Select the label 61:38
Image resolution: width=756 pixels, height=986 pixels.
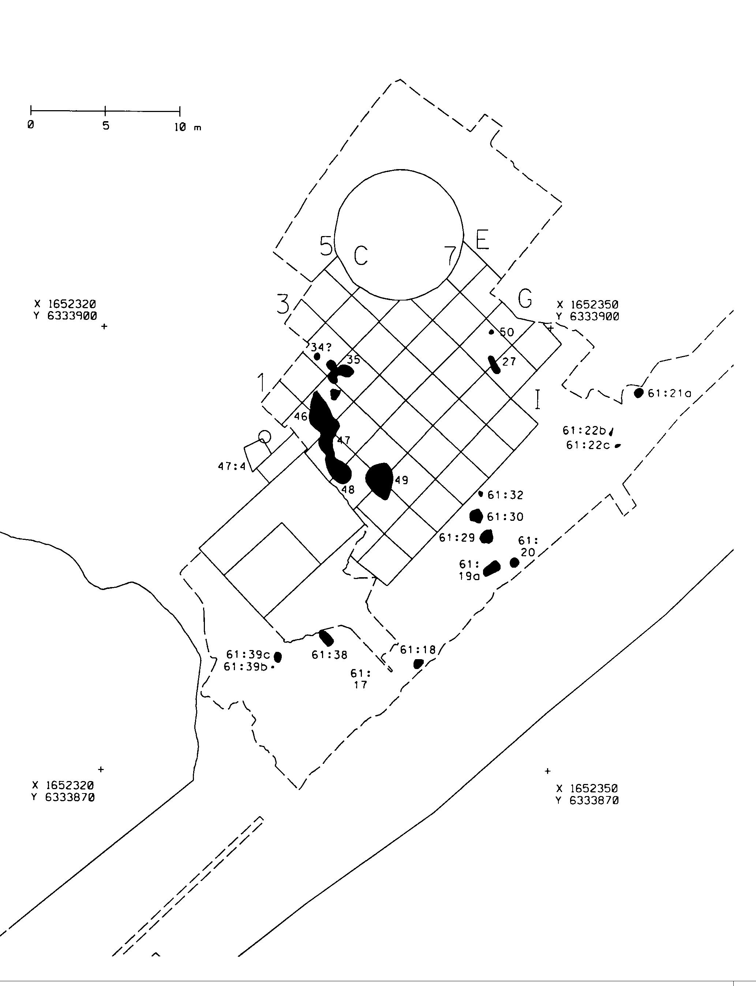[329, 655]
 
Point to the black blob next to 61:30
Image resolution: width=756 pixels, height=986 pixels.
[476, 516]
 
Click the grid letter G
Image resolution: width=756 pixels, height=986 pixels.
[525, 298]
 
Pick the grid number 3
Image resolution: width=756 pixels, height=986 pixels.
[282, 304]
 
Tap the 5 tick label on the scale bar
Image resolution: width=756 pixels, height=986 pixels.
[106, 126]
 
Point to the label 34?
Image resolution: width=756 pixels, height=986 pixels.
[321, 347]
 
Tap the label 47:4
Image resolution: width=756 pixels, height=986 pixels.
[232, 466]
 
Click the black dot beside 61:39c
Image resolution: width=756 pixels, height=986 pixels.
[278, 657]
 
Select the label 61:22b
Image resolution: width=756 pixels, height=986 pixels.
[584, 431]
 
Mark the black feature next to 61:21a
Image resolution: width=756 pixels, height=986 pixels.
[639, 393]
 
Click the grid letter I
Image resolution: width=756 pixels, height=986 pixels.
[537, 400]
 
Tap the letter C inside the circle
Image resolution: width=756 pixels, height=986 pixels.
[361, 255]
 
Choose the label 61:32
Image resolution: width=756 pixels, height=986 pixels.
[505, 495]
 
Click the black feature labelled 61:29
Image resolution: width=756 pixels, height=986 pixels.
[486, 537]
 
